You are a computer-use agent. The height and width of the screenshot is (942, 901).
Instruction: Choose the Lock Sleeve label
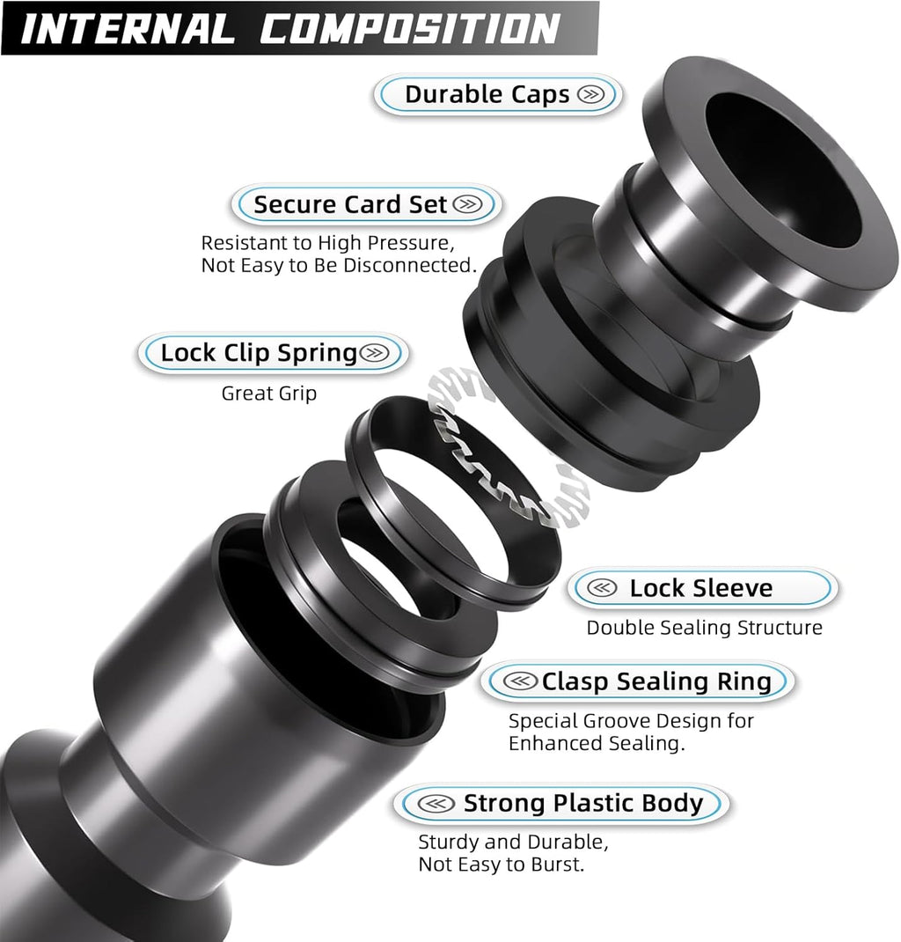pos(701,588)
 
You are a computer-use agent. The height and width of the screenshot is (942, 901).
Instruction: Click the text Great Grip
pos(268,394)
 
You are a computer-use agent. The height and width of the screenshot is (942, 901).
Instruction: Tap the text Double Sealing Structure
pos(704,628)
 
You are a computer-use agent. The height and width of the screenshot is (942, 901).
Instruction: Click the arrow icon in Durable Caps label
pos(591,95)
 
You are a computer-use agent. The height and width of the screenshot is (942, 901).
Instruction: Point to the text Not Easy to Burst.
pos(501,865)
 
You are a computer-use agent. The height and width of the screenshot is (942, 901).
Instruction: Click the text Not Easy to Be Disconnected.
pos(339,265)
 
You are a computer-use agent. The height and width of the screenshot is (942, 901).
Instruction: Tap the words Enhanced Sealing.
pos(597,743)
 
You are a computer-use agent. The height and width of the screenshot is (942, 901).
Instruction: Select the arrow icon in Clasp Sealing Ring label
pos(523,681)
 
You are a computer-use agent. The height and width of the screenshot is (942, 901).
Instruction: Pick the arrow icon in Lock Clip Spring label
pos(374,353)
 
